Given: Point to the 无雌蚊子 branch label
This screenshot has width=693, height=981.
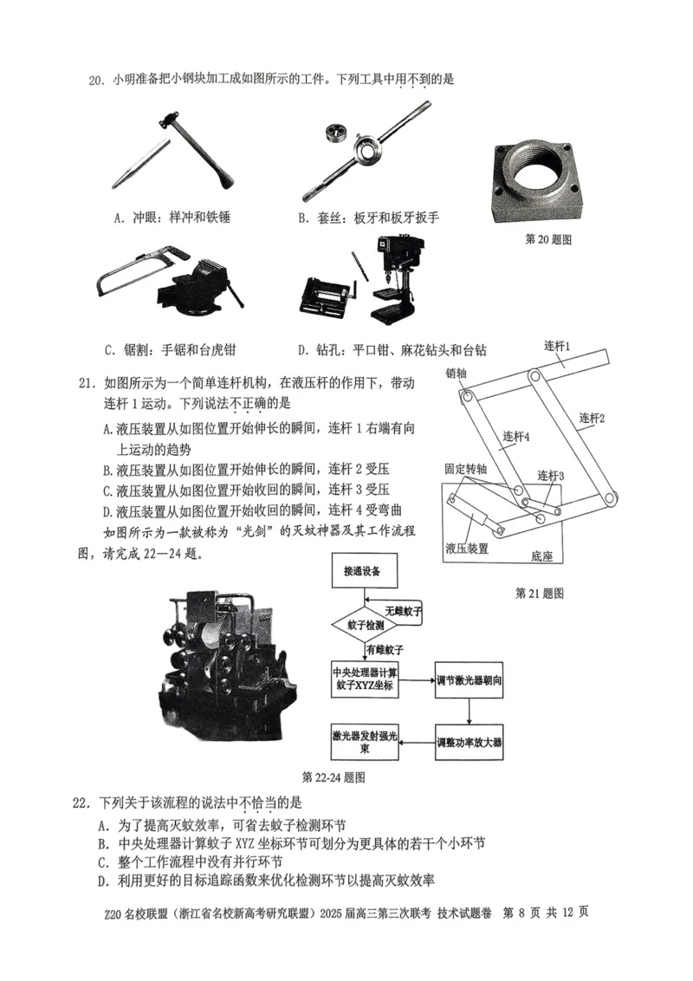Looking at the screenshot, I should [404, 611].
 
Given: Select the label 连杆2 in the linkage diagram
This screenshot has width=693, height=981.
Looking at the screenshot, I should [592, 419].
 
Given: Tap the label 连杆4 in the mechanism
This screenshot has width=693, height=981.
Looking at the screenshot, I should [515, 439].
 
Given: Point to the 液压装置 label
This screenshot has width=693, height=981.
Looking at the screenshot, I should [467, 549].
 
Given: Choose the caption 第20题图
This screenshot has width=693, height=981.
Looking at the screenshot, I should [548, 239].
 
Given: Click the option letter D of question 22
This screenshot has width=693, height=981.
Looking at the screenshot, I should [103, 880].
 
